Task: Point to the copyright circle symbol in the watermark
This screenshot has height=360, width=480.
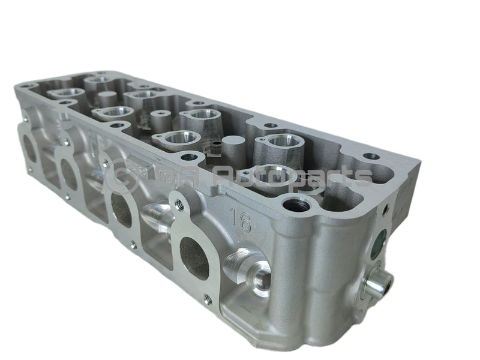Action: pyautogui.click(x=118, y=175)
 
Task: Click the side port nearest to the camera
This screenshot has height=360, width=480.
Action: pyautogui.click(x=194, y=258)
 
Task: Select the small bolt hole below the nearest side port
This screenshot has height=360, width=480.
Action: pyautogui.click(x=208, y=300)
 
